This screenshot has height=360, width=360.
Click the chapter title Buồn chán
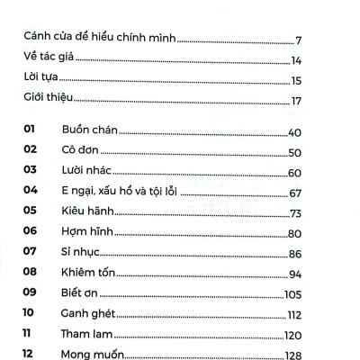click(91, 133)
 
